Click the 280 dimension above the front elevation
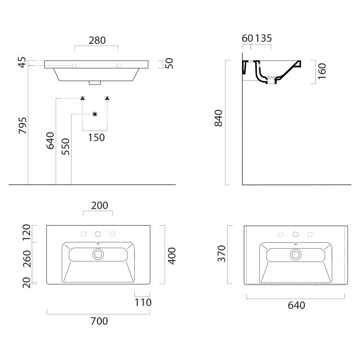(x=97, y=41)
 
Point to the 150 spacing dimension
(x=96, y=138)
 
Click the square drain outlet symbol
(x=95, y=114)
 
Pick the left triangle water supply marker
(x=83, y=98)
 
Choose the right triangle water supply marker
(x=107, y=98)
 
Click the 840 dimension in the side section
(x=218, y=118)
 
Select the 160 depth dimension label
(x=322, y=71)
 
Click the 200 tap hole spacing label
(x=99, y=206)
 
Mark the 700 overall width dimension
(x=99, y=321)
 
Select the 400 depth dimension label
(x=172, y=255)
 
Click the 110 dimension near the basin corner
(x=143, y=302)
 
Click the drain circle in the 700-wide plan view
(x=98, y=255)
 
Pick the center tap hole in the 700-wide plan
(x=98, y=234)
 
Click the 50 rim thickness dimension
(x=168, y=63)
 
